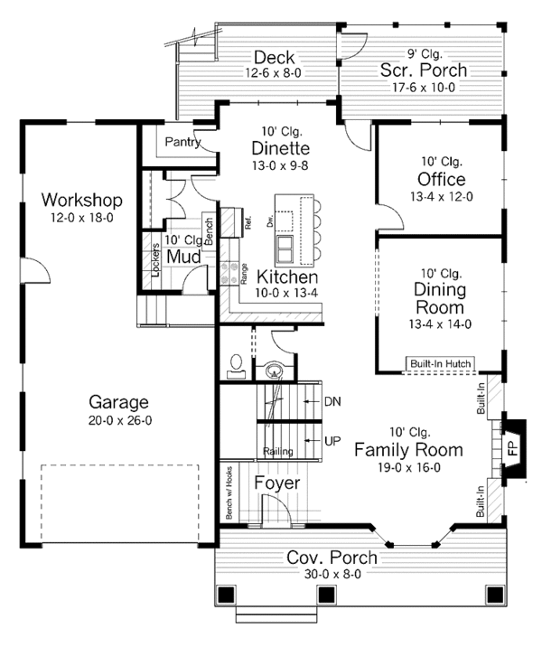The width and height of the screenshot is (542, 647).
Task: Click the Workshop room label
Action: [x=82, y=199]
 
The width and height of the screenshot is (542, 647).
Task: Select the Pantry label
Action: [x=182, y=143]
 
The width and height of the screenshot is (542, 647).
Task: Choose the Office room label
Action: [x=441, y=177]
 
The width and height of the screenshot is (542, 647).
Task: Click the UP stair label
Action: [x=332, y=440]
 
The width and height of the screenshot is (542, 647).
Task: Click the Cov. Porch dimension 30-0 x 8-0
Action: [x=332, y=575]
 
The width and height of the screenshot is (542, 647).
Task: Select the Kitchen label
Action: [x=286, y=277]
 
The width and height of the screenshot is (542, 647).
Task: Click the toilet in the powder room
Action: [x=237, y=364]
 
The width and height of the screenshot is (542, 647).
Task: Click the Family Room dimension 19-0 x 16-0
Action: [x=408, y=467]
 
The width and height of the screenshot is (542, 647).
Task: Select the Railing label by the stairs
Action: [x=276, y=451]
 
